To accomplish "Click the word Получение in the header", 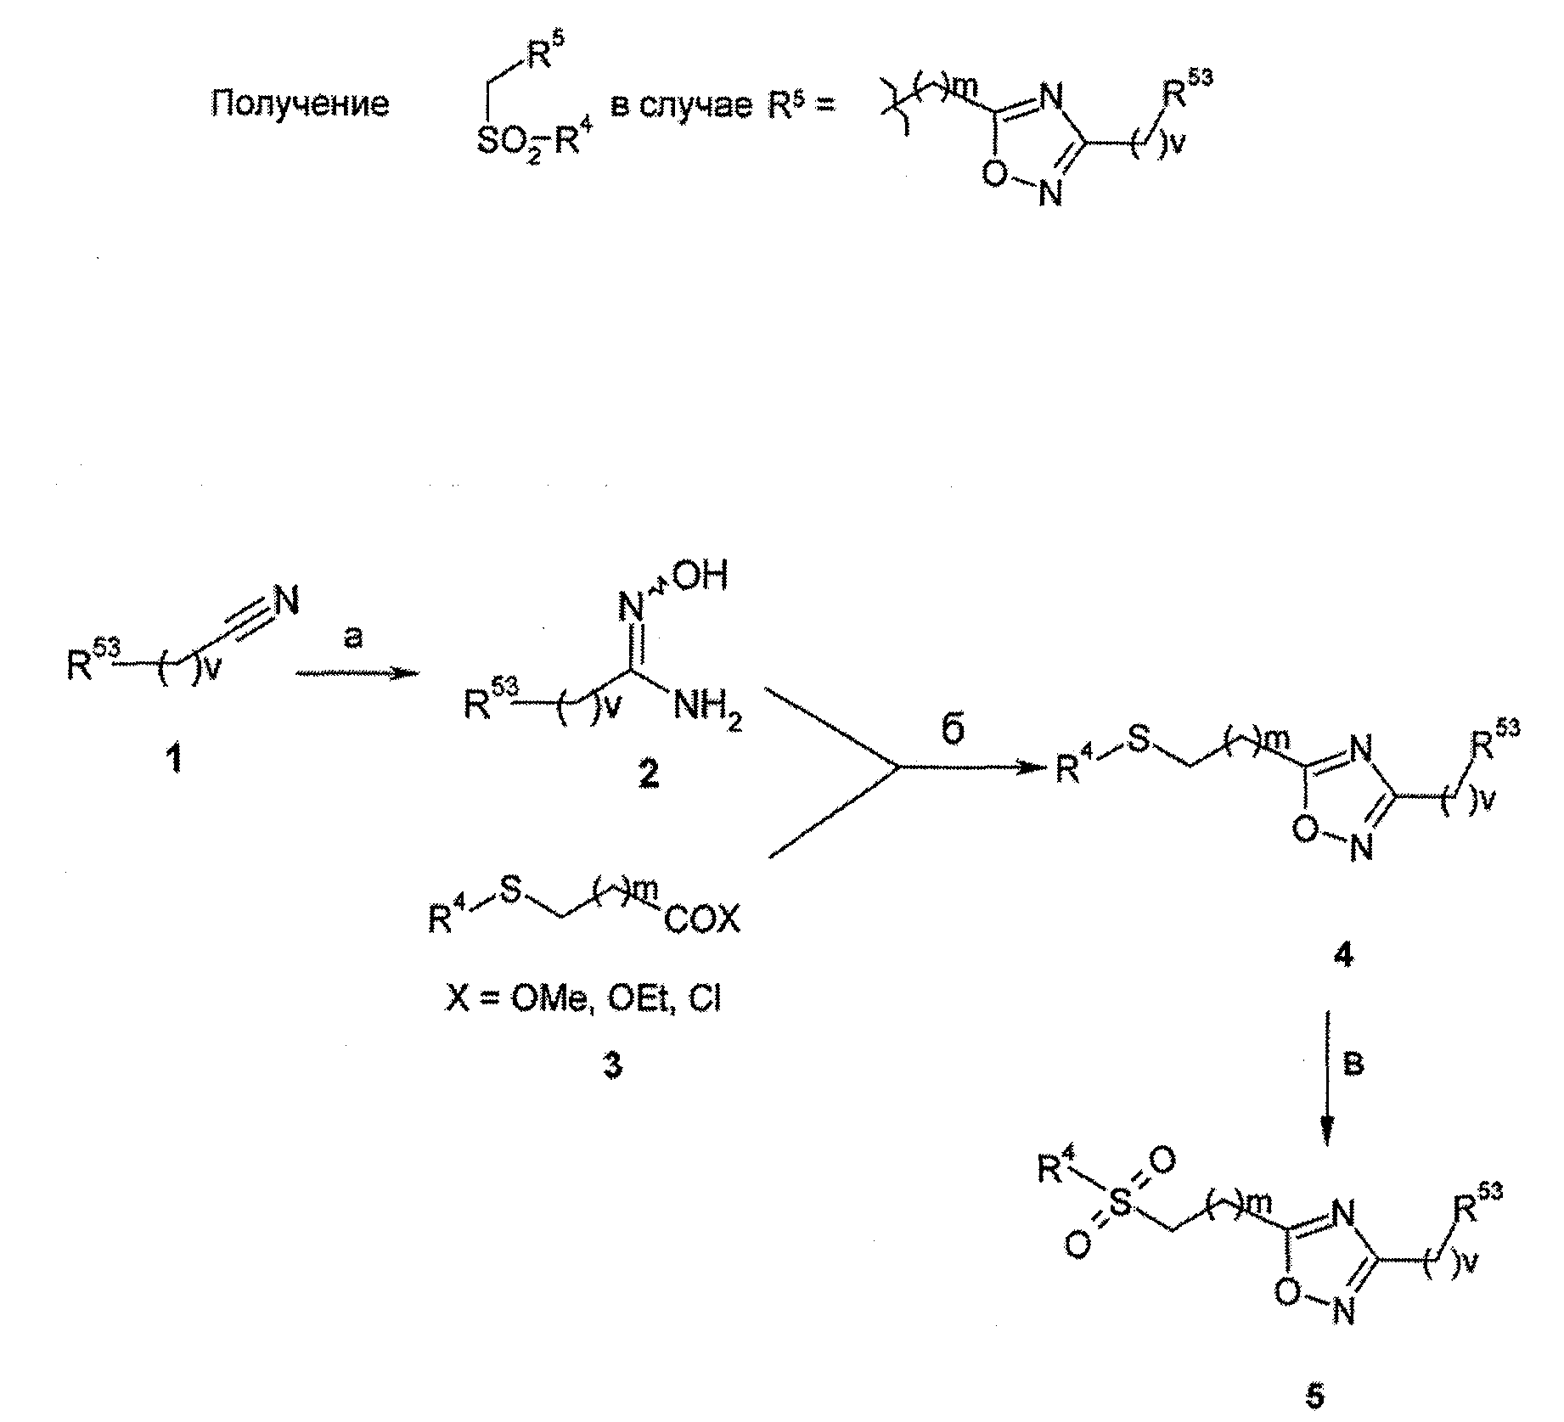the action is (301, 104).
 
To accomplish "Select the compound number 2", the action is (650, 773).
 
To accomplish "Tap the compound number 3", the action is (612, 1064).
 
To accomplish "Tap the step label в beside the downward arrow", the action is (1356, 1064).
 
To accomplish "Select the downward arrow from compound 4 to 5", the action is (1328, 1077).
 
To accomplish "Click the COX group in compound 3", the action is (702, 919).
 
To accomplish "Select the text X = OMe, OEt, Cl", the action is (583, 999).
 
